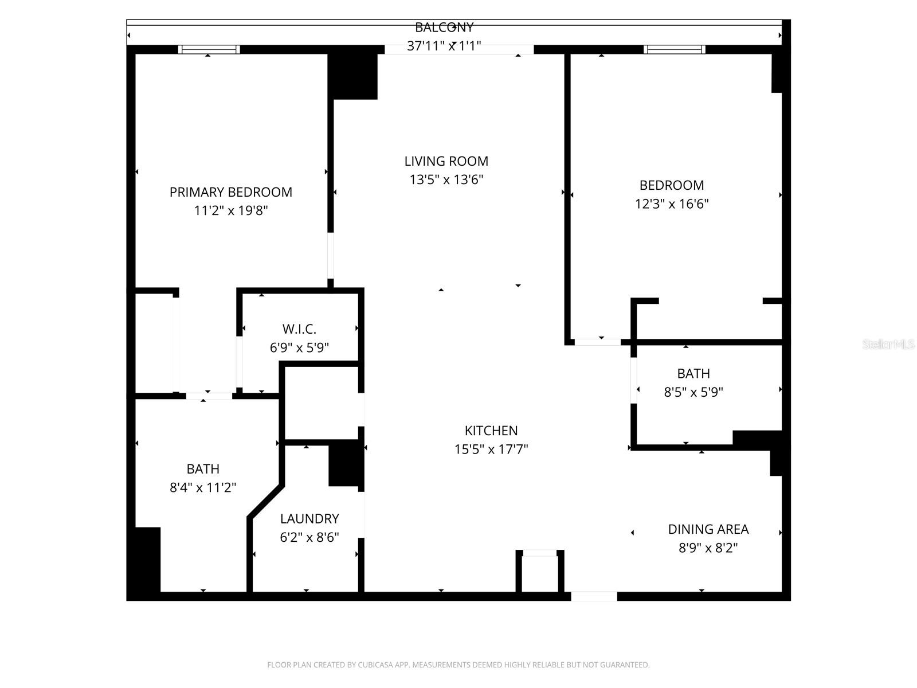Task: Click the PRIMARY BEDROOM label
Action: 230,192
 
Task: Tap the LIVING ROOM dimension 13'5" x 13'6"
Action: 446,180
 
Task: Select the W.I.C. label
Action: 299,329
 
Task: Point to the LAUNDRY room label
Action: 309,519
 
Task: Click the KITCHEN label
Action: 491,431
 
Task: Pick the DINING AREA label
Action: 708,529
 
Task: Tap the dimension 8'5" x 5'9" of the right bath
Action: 693,392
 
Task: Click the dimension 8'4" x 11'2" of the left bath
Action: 203,488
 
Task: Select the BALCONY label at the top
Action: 444,27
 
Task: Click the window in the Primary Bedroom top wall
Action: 209,50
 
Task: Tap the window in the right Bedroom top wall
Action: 675,50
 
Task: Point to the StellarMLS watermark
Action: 888,345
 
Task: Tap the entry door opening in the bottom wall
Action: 594,596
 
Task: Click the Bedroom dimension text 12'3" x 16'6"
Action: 671,204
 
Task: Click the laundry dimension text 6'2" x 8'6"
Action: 309,538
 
